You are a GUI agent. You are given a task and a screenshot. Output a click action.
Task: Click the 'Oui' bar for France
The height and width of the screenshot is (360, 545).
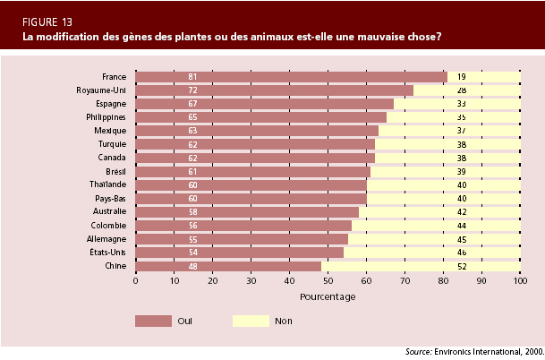(x=291, y=77)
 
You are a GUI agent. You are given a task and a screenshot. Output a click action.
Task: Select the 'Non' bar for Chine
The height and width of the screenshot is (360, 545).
(x=421, y=266)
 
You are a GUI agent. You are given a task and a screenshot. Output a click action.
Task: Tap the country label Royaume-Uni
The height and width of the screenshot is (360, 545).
(x=100, y=90)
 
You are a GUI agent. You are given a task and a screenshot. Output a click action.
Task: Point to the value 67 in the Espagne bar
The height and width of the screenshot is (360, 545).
(x=192, y=104)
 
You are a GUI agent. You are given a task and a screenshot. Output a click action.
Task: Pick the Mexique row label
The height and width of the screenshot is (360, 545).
(x=108, y=131)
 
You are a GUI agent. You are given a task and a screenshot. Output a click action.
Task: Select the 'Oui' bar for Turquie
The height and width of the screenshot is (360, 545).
(x=255, y=144)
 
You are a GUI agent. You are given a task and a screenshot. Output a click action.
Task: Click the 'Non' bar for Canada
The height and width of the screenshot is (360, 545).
(x=447, y=158)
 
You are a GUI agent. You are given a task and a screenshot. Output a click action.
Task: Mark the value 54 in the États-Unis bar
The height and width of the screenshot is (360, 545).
(x=192, y=253)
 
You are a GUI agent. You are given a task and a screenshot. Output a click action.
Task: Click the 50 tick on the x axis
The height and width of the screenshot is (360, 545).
(x=328, y=281)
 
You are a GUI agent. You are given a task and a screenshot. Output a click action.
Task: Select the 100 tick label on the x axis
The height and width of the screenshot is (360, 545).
(x=520, y=281)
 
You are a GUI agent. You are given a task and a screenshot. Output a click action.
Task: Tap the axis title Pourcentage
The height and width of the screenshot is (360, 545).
(x=328, y=296)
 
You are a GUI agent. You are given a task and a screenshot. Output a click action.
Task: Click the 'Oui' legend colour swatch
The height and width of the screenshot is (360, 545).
(x=153, y=320)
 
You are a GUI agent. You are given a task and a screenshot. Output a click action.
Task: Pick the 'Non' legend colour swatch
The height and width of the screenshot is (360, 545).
(x=250, y=320)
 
